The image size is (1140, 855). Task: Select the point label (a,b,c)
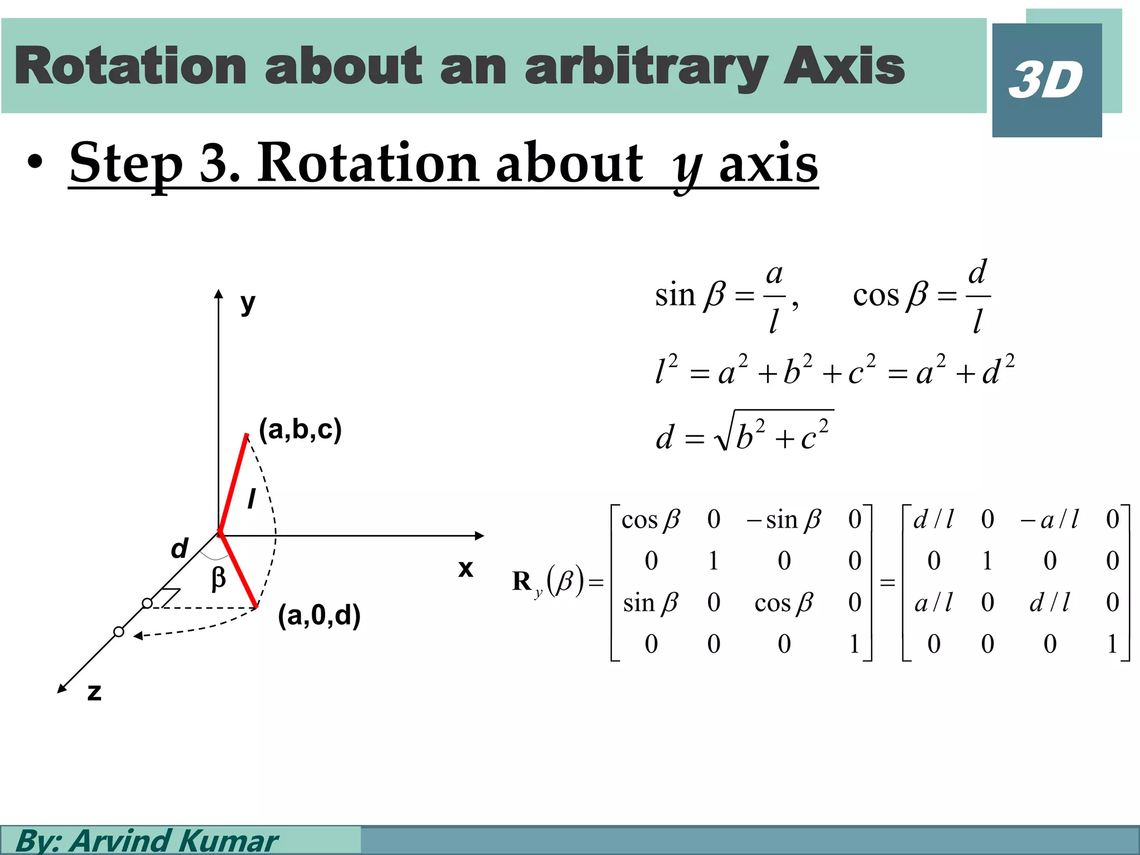300,430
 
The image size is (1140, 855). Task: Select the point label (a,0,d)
319,616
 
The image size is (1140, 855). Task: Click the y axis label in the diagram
248,303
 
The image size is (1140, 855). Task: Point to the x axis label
465,569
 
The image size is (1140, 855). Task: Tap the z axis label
95,692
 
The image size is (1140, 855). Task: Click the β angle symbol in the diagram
219,579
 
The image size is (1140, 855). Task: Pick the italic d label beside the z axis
179,549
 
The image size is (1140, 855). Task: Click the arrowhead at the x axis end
480,535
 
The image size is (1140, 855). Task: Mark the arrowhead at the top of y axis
219,294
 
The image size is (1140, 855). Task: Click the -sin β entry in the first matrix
783,520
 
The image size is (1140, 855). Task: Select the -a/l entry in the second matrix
1049,520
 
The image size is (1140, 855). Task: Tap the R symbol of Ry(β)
522,582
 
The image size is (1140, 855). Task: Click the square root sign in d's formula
724,434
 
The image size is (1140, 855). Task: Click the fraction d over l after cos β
977,297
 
